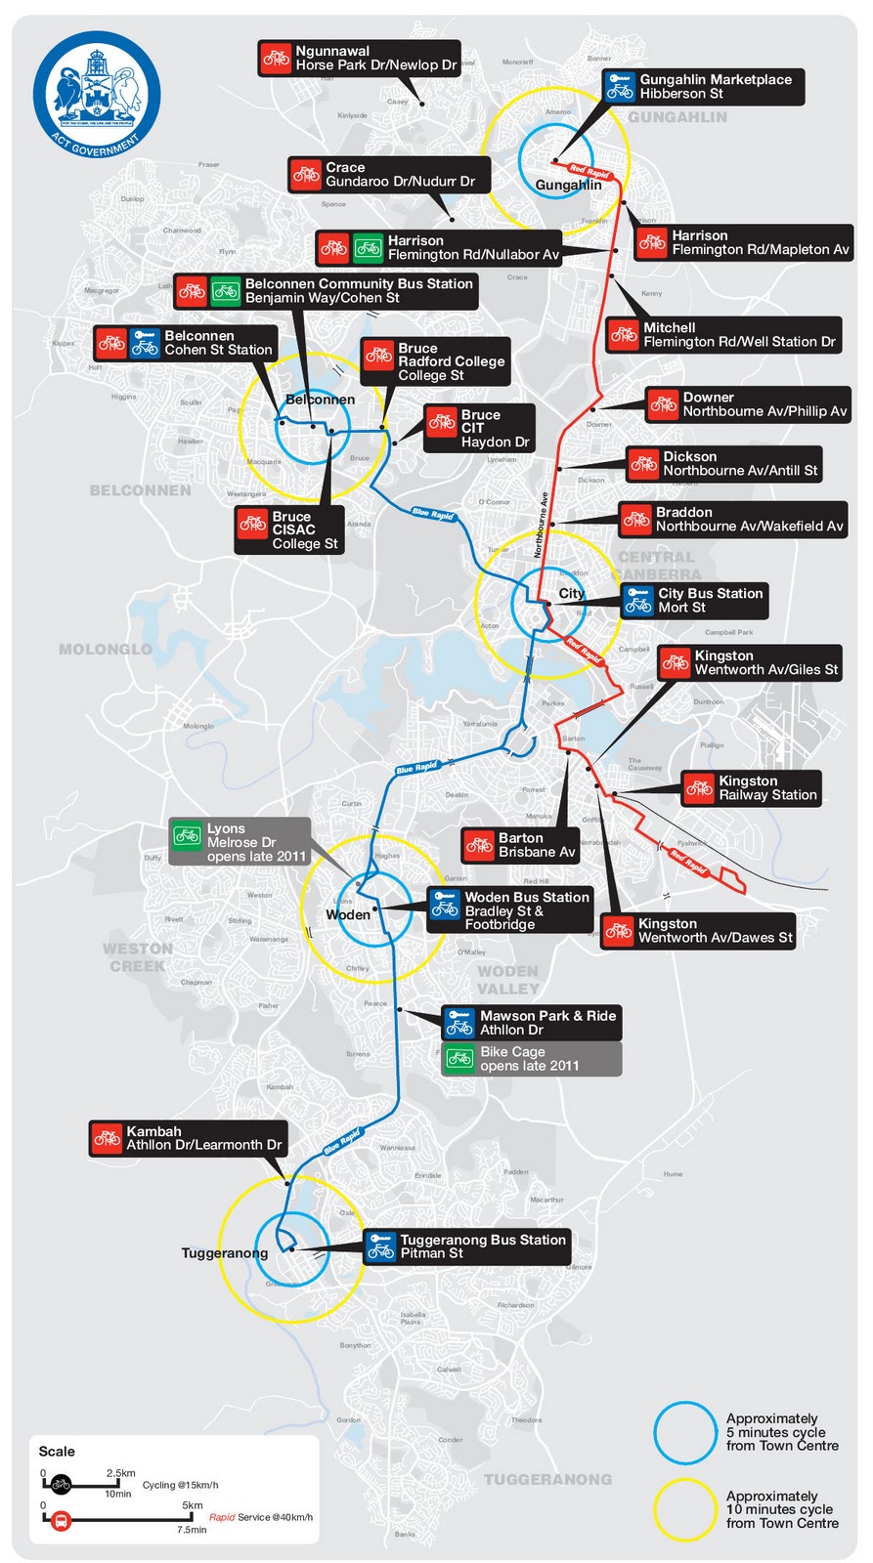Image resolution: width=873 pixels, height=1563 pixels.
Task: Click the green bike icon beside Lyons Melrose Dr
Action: coord(187,835)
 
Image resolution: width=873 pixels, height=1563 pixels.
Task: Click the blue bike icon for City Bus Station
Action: coord(639,600)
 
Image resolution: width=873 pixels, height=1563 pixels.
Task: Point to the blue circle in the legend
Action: coord(686,1433)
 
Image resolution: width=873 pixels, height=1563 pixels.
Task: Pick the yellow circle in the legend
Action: coord(686,1510)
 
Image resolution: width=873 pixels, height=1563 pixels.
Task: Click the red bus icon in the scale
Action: coord(61,1521)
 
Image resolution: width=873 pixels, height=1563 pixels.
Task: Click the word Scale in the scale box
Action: coord(57,1452)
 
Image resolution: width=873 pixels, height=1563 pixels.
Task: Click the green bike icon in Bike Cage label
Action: coord(459,1058)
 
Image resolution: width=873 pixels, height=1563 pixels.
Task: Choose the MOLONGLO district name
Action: coord(106,649)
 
